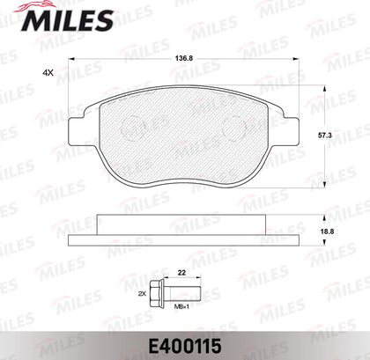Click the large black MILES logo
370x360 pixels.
[x=67, y=18]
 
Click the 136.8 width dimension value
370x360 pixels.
[x=184, y=58]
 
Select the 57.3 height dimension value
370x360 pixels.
[x=325, y=136]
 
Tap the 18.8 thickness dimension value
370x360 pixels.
[x=326, y=231]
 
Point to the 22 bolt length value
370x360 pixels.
[x=182, y=273]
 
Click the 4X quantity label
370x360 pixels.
[x=48, y=73]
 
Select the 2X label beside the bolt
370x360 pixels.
[x=142, y=293]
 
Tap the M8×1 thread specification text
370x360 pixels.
[x=181, y=306]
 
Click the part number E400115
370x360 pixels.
[x=185, y=346]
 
